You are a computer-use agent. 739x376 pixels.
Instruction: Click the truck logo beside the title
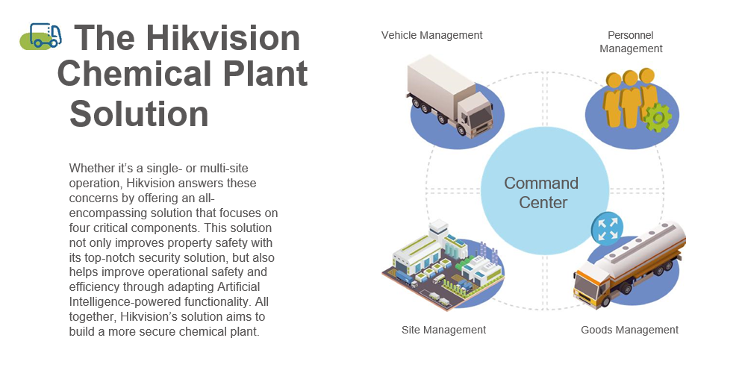[41, 36]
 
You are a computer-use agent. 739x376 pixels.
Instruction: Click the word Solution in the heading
[139, 113]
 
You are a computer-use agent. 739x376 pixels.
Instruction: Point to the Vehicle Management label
[431, 35]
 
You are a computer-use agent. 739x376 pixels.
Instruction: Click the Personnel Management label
[631, 42]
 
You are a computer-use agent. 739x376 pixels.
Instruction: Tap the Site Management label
[443, 330]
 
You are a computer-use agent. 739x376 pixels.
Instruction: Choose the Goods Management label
[630, 330]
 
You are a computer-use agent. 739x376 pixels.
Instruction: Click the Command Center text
[542, 192]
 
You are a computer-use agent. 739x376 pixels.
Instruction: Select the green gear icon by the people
[658, 118]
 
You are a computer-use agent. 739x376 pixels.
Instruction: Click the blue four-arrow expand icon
[607, 228]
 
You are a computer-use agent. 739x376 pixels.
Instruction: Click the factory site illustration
[442, 266]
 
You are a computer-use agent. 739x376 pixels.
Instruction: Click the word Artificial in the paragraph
[238, 287]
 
